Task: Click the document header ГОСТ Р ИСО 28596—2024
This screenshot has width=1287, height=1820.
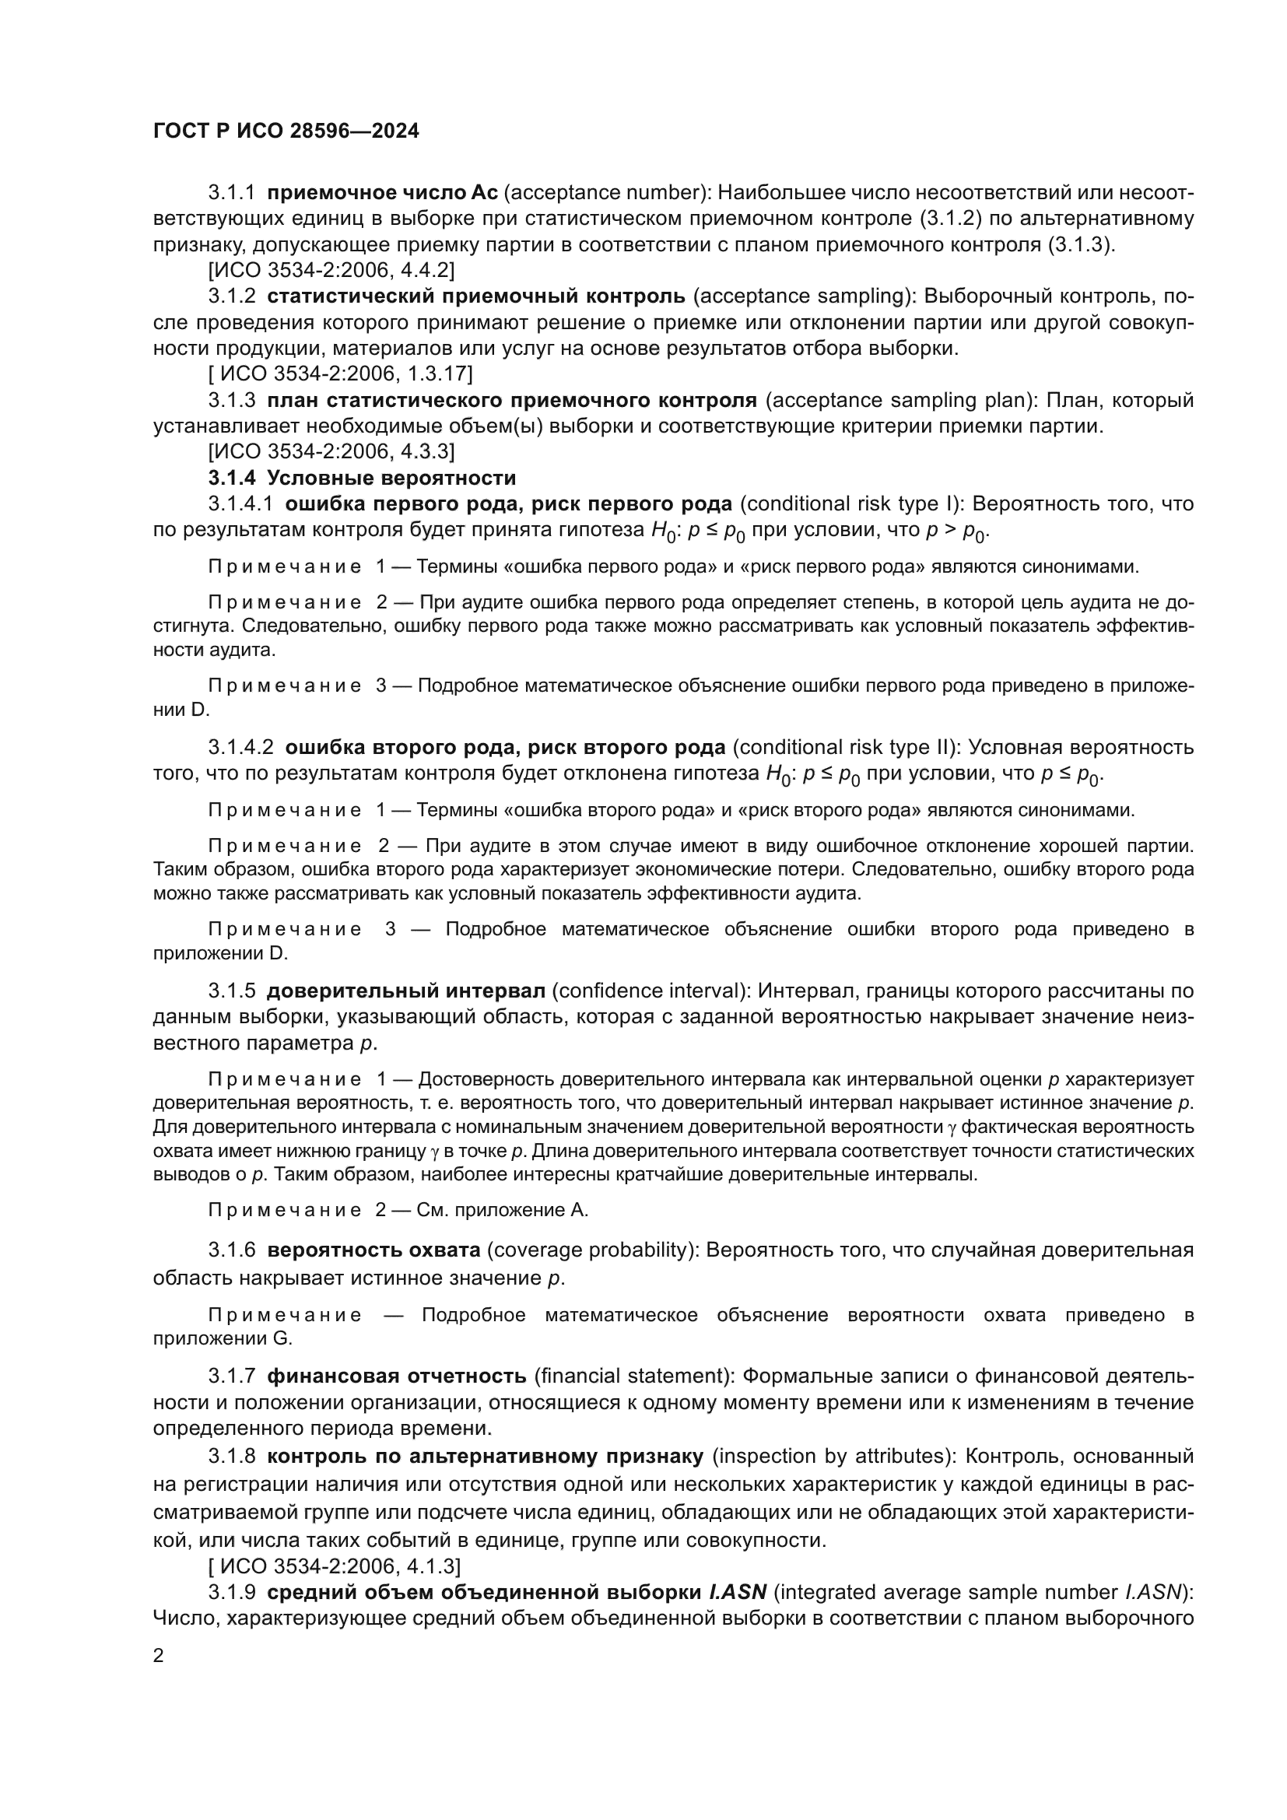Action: tap(286, 132)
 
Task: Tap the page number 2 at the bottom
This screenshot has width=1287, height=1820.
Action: tap(159, 1656)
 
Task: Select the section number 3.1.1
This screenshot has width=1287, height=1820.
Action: tap(231, 193)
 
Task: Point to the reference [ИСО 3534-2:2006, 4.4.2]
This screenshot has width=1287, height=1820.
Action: tap(331, 270)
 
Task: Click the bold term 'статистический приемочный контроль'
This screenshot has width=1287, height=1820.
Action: tap(475, 296)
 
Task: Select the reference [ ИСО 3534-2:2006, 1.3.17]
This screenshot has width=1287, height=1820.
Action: tap(340, 373)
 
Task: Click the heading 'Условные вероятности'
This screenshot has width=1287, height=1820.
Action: tap(391, 478)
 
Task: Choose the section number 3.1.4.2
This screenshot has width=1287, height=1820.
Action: tap(241, 747)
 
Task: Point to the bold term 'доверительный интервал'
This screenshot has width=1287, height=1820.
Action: tap(405, 991)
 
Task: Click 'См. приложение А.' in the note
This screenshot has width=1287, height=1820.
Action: tap(503, 1210)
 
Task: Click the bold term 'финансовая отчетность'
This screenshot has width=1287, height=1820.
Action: tap(396, 1375)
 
